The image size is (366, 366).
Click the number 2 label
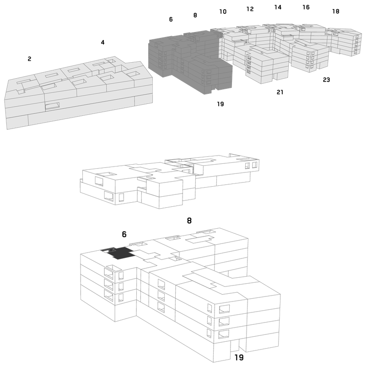[x=29, y=59]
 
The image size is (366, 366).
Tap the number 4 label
[x=102, y=42]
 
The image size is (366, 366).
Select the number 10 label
[x=223, y=11]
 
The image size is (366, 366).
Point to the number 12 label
[x=250, y=9]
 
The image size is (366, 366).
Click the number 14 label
[x=278, y=7]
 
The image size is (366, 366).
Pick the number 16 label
[x=306, y=7]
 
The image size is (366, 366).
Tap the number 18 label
[x=336, y=11]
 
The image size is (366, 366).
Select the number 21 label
[x=280, y=92]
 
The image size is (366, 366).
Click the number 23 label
[x=326, y=80]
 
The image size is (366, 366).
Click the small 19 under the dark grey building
[x=221, y=104]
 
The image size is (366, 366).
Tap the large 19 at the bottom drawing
[x=239, y=357]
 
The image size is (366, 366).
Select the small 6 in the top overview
[x=171, y=19]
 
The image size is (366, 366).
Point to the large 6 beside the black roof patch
[x=124, y=234]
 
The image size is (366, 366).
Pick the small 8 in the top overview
[x=195, y=15]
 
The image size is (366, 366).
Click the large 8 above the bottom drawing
[x=189, y=221]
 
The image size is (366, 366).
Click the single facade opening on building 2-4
[x=52, y=106]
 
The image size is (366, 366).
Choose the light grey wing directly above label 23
[x=311, y=56]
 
